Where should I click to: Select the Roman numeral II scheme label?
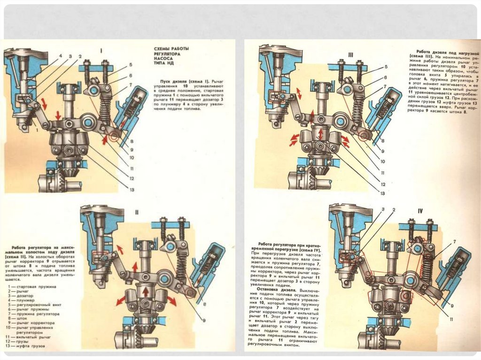point(136,212)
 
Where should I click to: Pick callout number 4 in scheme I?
point(61,56)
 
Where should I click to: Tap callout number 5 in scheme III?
point(386,67)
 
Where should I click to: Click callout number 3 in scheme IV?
point(383,209)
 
